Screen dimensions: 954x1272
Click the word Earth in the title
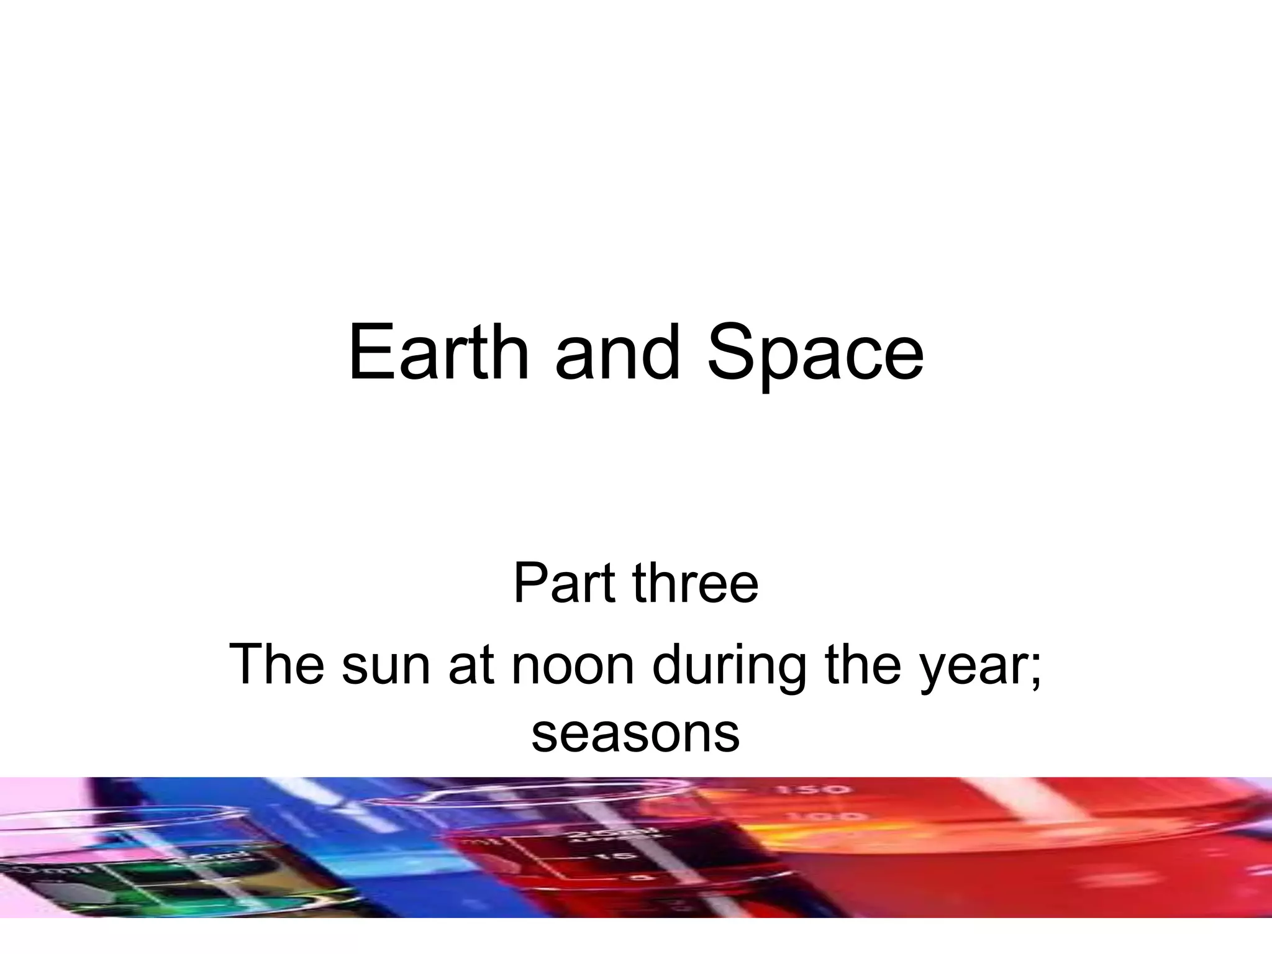tap(438, 352)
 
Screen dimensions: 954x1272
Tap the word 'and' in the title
tap(617, 352)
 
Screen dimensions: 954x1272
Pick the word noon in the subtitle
tap(572, 665)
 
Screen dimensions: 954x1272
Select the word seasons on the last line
tap(635, 734)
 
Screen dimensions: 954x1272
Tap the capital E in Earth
tap(370, 352)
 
